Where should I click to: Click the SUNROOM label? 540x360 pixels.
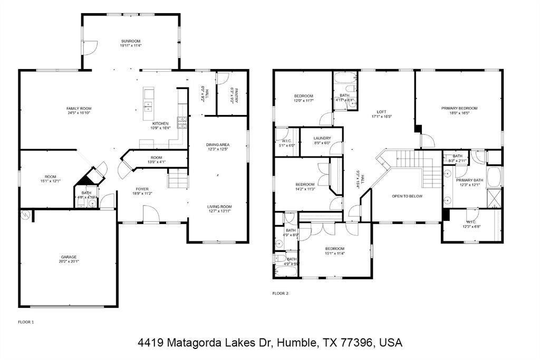(131, 41)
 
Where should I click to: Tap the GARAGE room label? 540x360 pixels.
(69, 257)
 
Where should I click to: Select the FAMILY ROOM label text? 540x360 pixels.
(79, 108)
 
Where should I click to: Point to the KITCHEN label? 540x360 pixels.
(160, 123)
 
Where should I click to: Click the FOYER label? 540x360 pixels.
(142, 189)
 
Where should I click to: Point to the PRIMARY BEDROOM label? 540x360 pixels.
(459, 108)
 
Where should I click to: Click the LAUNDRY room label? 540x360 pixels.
(322, 138)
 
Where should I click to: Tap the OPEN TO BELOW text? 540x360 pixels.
(407, 196)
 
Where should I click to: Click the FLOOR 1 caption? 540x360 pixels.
(26, 322)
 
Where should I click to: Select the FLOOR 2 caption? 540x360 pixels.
(280, 293)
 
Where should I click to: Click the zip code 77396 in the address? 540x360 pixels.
(357, 343)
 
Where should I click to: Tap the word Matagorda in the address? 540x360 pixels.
(193, 343)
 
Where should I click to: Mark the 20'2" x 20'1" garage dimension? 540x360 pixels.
(69, 261)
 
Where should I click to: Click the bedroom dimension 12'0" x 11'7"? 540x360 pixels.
(304, 100)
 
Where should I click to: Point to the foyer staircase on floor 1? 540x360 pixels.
(178, 181)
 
